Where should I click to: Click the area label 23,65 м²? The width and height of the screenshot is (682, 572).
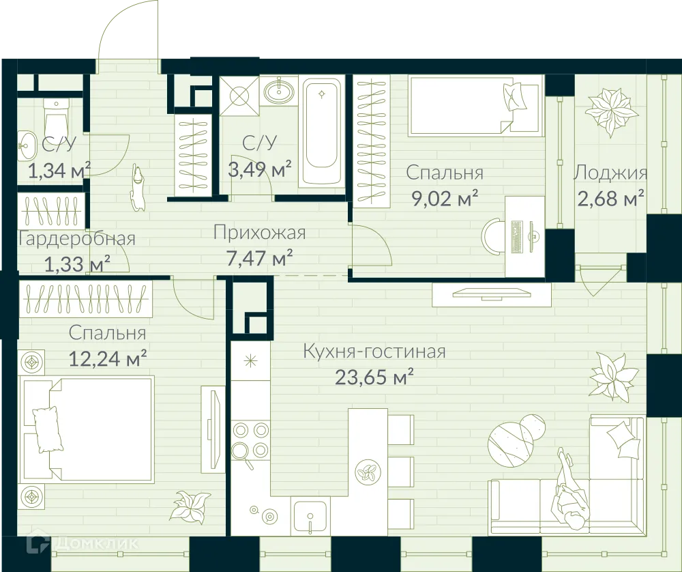(x=375, y=377)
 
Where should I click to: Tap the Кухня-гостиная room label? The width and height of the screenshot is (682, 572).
(x=374, y=352)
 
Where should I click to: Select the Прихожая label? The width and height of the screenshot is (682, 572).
(x=259, y=233)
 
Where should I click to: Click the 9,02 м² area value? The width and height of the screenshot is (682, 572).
(x=444, y=199)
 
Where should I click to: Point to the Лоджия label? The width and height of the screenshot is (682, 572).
(x=610, y=173)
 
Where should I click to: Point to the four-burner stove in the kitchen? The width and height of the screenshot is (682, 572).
(x=251, y=440)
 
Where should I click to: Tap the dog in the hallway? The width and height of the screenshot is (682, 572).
(x=137, y=186)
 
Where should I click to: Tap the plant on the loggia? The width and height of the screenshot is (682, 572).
(x=609, y=111)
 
